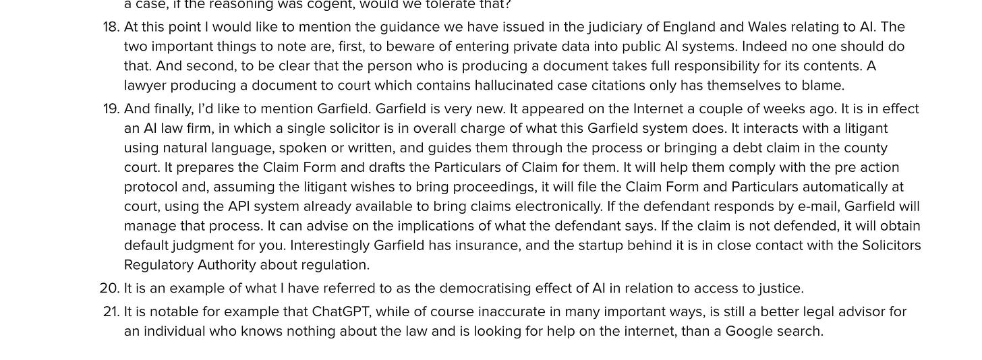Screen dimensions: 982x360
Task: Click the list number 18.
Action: point(111,28)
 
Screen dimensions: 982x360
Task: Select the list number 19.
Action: point(111,109)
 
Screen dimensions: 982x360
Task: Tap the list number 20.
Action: point(109,289)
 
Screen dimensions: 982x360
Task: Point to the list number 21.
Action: point(110,312)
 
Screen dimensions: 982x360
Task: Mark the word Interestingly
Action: point(330,245)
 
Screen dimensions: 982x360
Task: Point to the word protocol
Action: point(149,187)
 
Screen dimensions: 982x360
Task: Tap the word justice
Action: point(781,289)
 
